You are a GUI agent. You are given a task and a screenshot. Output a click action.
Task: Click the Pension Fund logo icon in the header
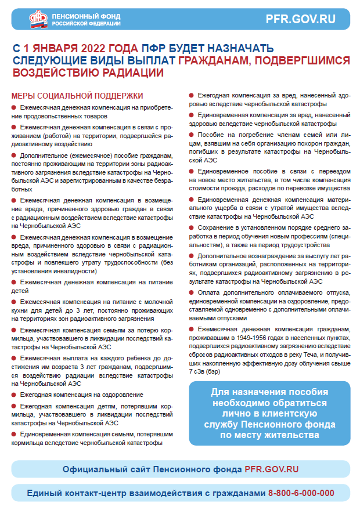tap(39, 20)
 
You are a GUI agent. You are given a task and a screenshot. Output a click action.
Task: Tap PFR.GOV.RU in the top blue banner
tap(300, 19)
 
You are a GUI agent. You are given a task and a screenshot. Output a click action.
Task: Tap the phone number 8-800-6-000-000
tap(301, 493)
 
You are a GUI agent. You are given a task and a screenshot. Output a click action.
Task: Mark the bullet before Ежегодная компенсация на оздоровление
tap(14, 395)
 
